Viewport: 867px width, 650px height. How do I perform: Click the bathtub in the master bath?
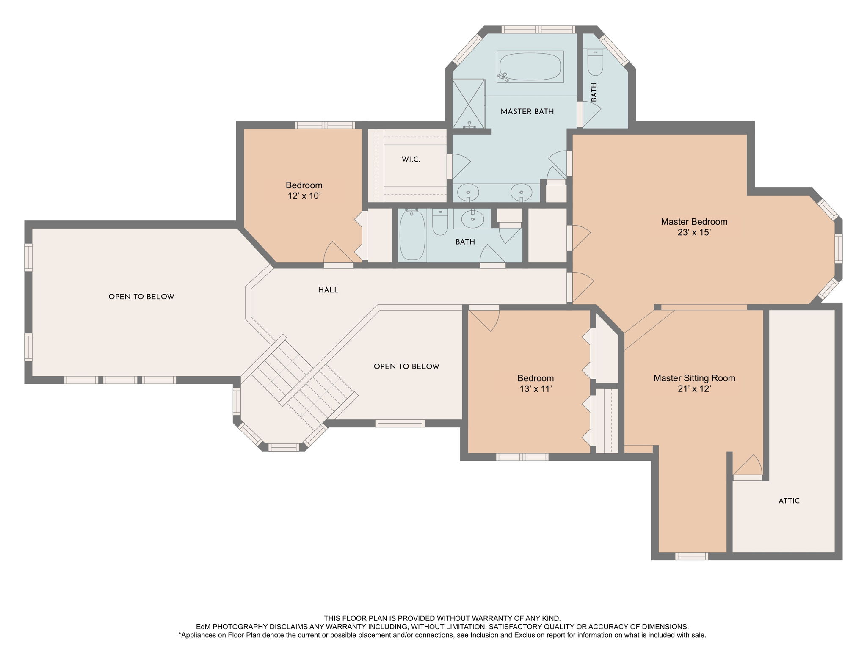click(x=530, y=66)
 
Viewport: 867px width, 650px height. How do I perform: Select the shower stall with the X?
click(x=469, y=104)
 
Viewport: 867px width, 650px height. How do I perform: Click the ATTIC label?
click(x=789, y=501)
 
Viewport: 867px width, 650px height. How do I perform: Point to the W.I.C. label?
click(x=411, y=160)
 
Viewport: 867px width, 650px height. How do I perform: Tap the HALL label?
click(x=329, y=290)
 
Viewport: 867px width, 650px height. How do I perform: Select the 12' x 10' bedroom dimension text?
click(x=304, y=196)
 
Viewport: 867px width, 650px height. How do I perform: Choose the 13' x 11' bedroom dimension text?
click(x=536, y=389)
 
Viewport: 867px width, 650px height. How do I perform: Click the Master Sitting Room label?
click(x=694, y=378)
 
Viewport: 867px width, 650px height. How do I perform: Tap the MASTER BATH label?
click(x=527, y=112)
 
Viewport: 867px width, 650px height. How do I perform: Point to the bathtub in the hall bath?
click(x=412, y=235)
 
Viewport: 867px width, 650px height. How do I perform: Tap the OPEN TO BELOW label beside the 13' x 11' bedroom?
click(x=406, y=366)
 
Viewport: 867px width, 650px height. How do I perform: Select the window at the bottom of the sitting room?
click(x=692, y=556)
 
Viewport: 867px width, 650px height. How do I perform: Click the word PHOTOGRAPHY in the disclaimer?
click(x=241, y=627)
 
